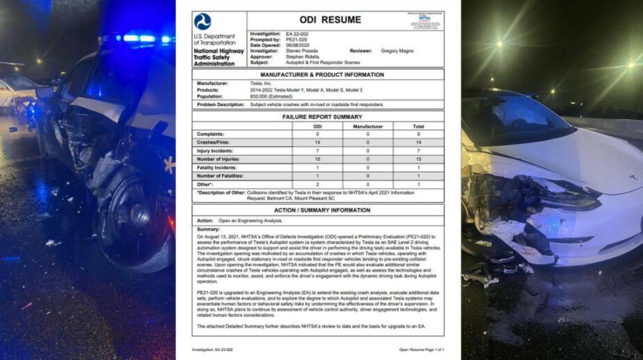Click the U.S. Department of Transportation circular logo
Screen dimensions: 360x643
coord(203,22)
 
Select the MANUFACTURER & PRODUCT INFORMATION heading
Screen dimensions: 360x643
coord(318,74)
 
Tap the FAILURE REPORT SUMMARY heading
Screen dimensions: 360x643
coord(318,117)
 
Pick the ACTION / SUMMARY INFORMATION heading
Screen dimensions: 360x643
coord(318,210)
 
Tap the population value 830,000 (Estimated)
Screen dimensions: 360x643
coord(271,96)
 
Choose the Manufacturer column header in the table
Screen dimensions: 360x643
coord(367,126)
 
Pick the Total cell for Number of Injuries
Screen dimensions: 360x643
coord(418,159)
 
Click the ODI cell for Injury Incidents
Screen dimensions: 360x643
coord(318,150)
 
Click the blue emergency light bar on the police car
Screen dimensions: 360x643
coord(138,38)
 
